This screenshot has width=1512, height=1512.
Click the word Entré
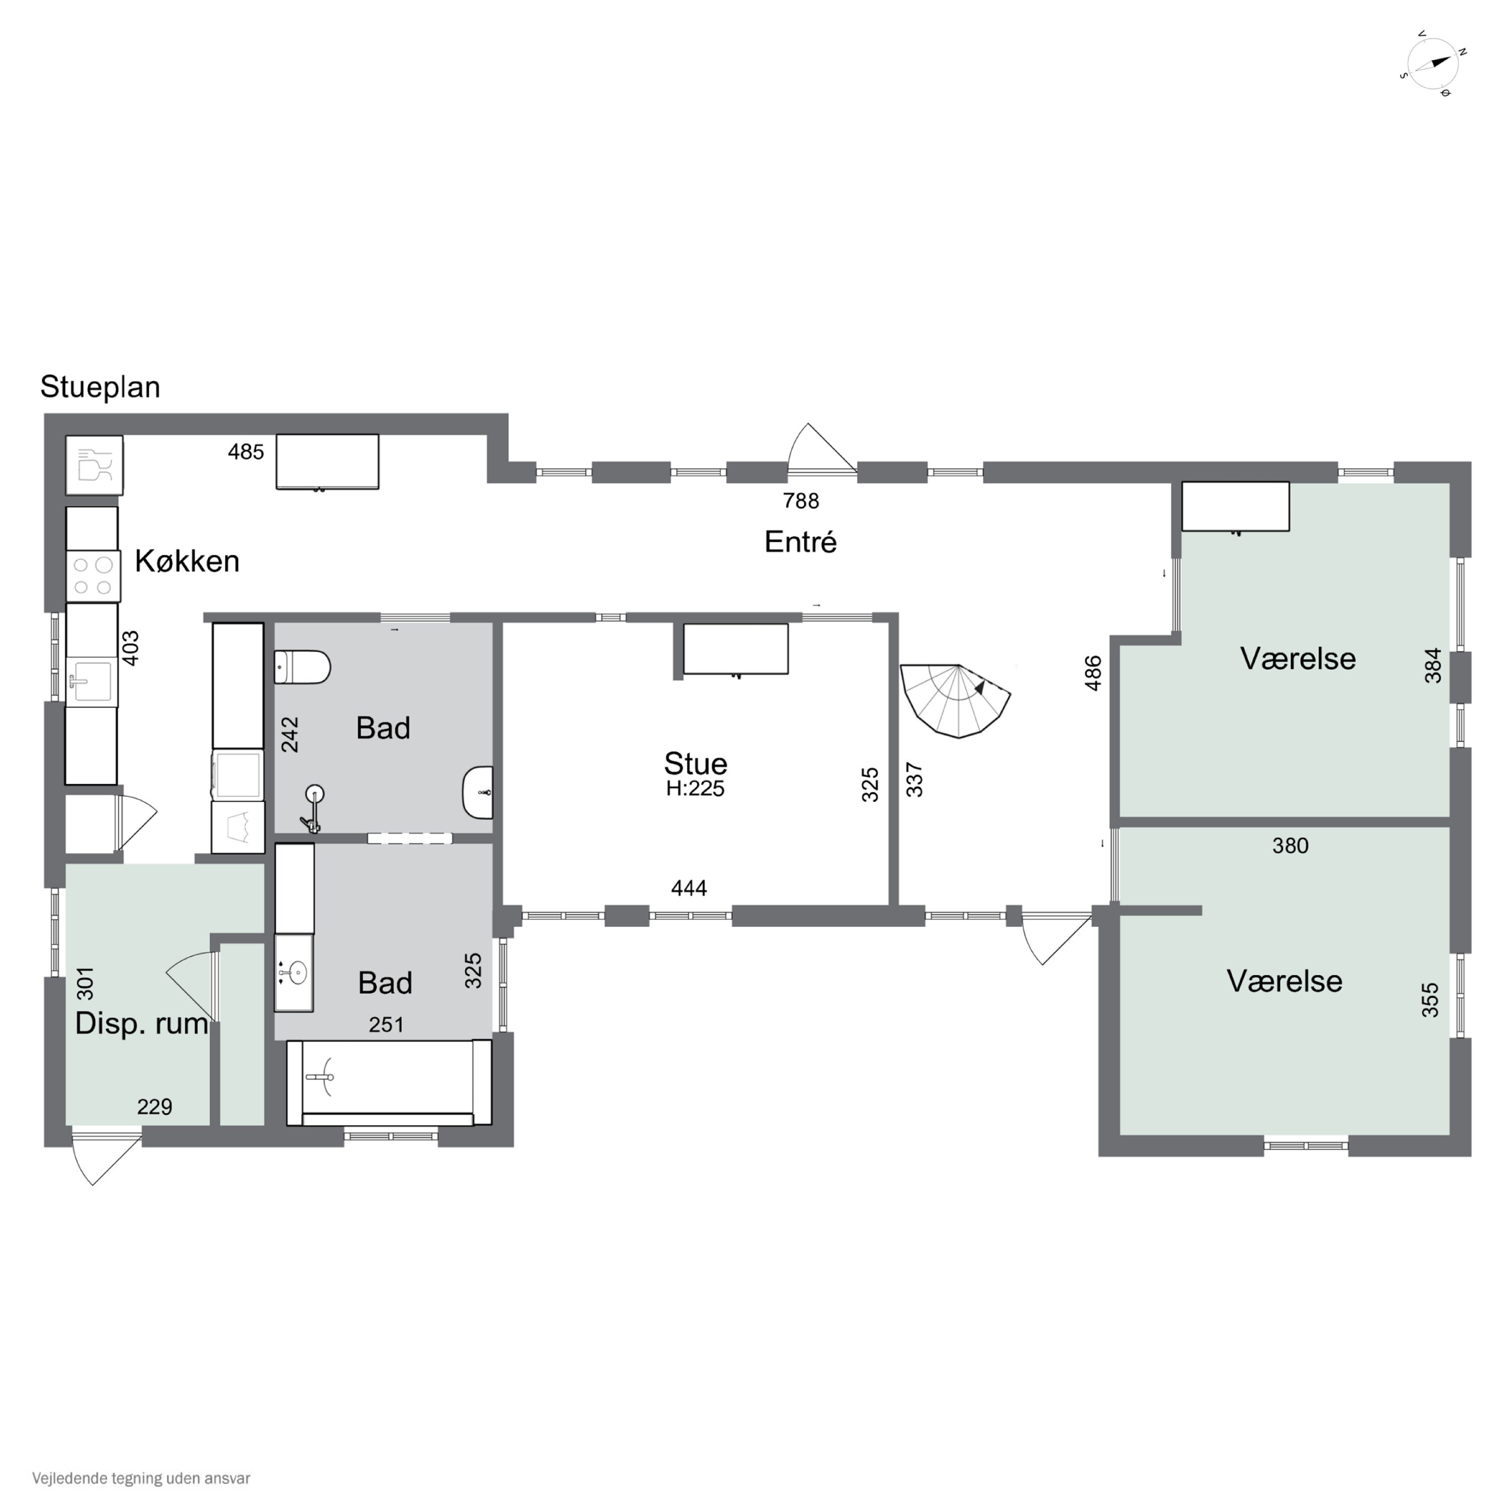click(x=801, y=542)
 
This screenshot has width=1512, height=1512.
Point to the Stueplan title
click(x=100, y=387)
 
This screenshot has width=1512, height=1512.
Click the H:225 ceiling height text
click(x=695, y=788)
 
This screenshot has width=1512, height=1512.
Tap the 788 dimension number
click(x=801, y=501)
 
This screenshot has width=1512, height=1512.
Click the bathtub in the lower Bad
click(x=389, y=1083)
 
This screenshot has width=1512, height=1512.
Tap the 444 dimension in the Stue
click(x=688, y=888)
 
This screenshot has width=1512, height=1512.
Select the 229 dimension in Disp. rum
click(x=154, y=1107)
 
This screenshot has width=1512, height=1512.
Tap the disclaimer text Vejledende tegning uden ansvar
click(x=141, y=1478)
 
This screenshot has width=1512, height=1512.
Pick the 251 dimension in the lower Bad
click(x=386, y=1025)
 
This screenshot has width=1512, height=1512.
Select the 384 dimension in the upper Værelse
click(x=1432, y=665)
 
